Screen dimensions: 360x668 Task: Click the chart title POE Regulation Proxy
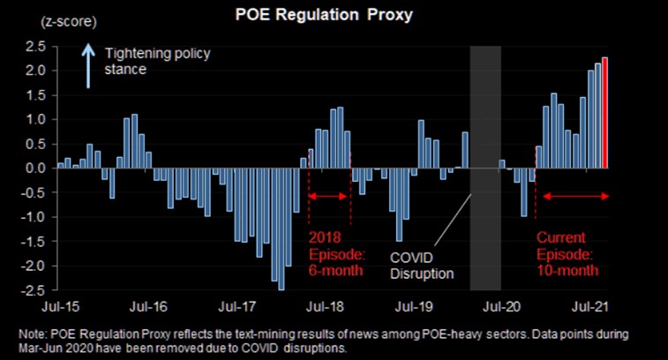[x=334, y=17]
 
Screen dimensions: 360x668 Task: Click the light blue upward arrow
[x=88, y=67]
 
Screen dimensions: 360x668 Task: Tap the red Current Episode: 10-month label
[x=573, y=253]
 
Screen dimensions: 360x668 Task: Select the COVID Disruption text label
[x=422, y=264]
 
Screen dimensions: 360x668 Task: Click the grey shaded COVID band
[x=485, y=168]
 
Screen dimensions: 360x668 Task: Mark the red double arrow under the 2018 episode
[x=330, y=195]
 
